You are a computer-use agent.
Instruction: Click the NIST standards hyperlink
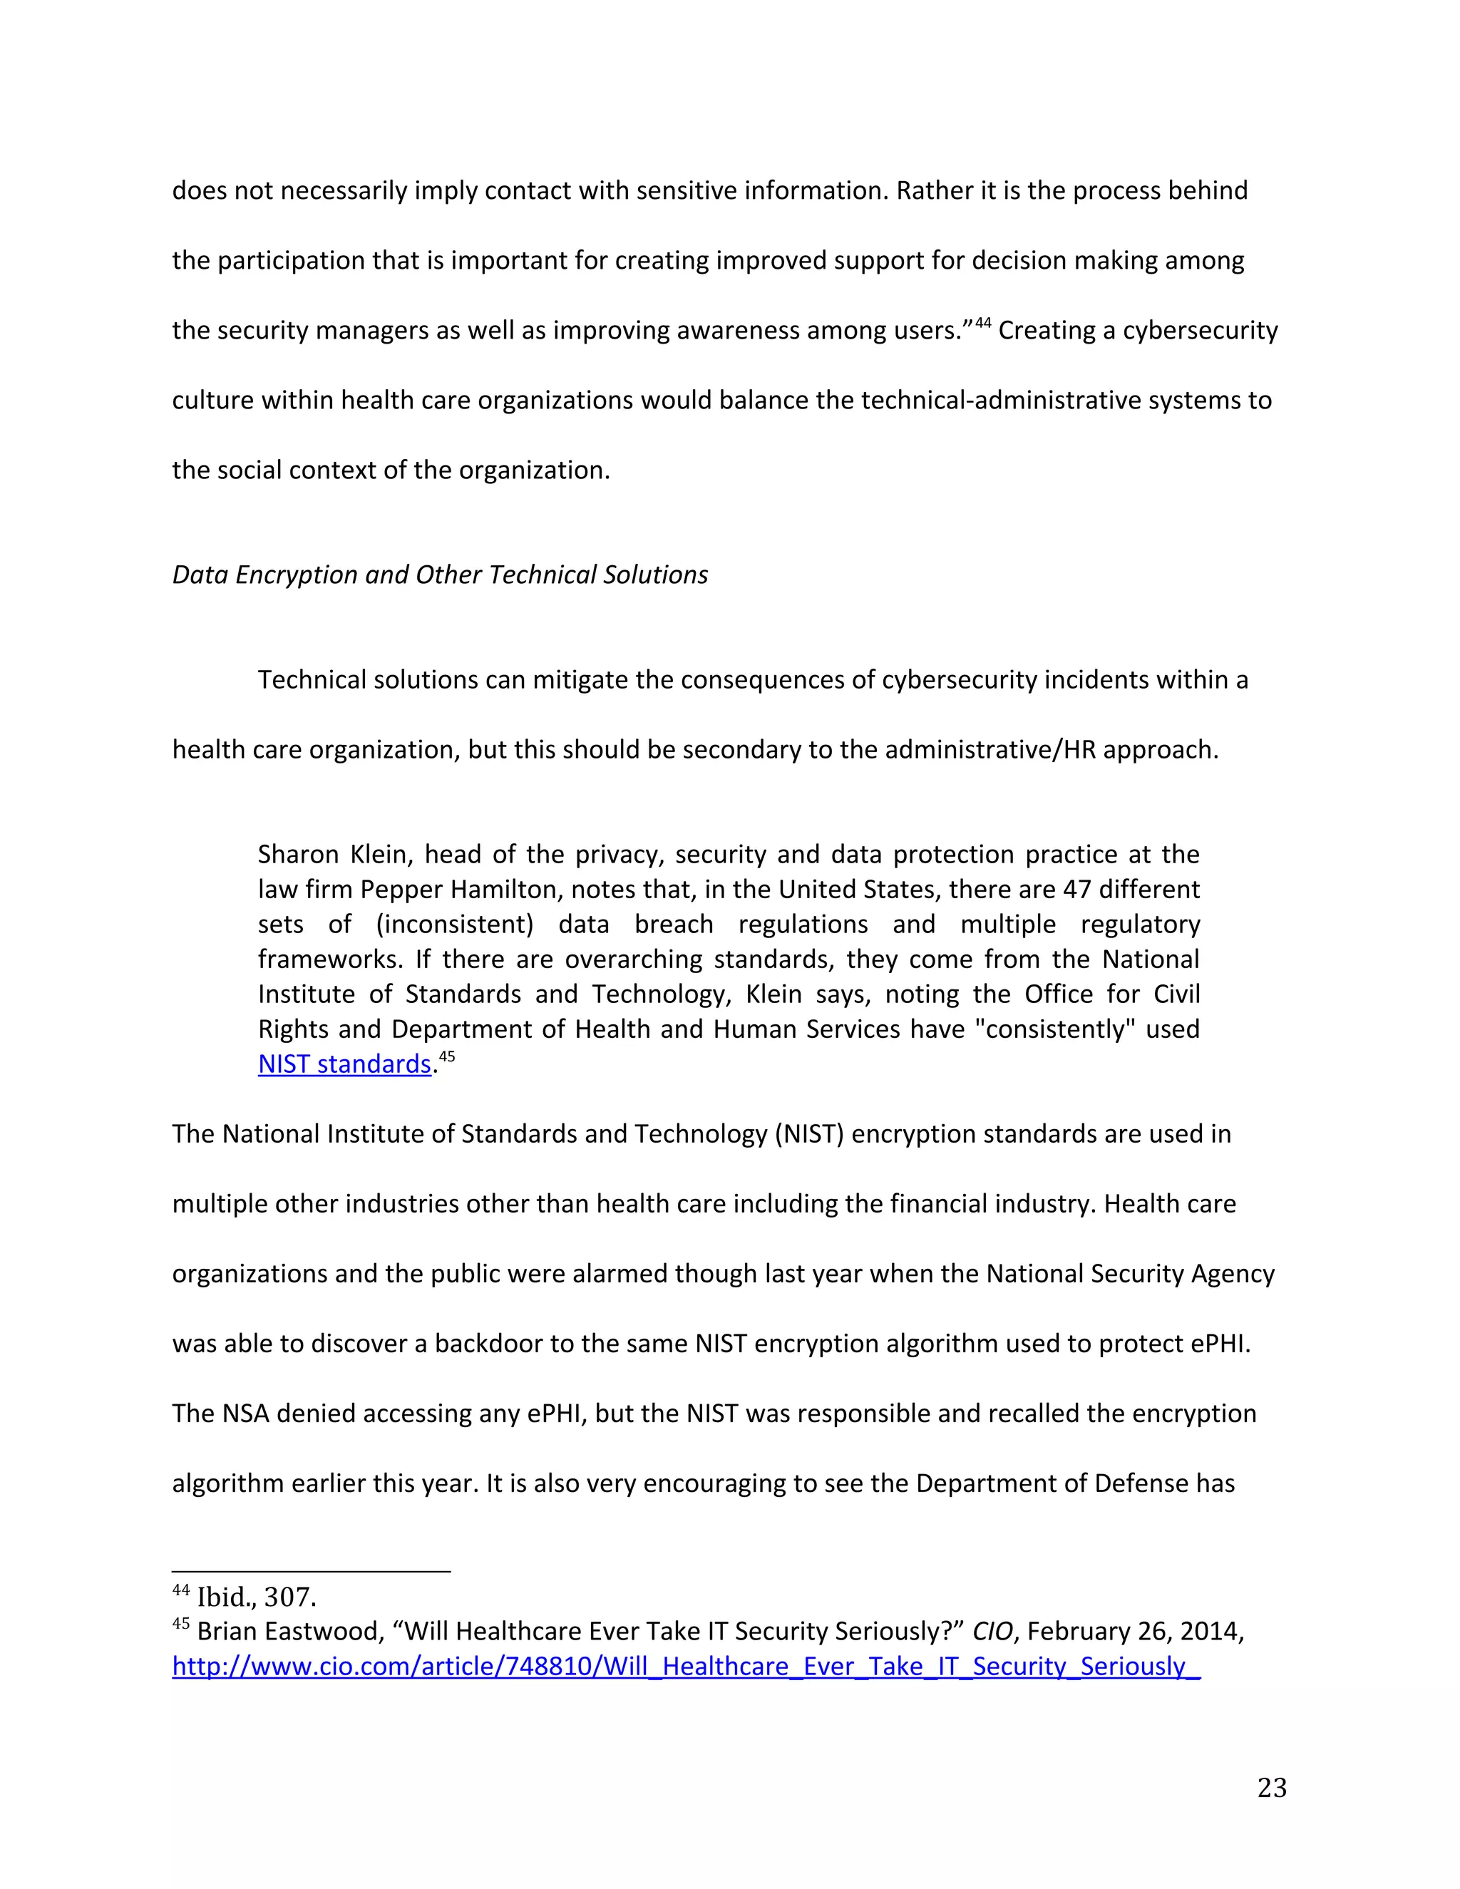pyautogui.click(x=344, y=1064)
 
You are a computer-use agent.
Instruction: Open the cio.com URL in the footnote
pyautogui.click(x=686, y=1666)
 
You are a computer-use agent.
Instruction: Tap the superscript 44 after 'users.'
pyautogui.click(x=982, y=324)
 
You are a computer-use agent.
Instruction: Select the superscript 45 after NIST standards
pyautogui.click(x=446, y=1057)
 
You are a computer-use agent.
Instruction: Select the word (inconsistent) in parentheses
pyautogui.click(x=454, y=925)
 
